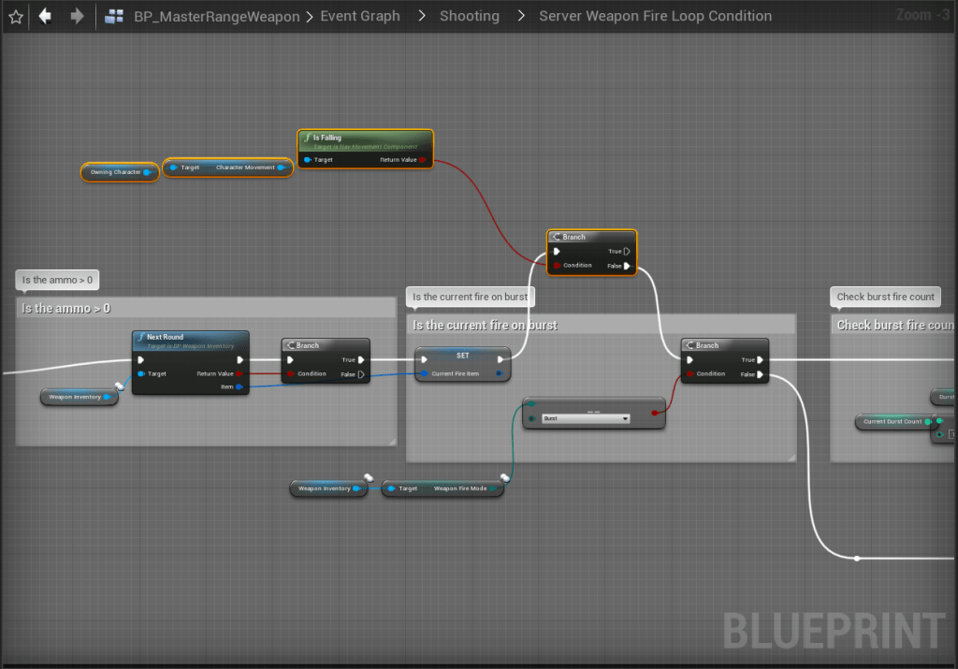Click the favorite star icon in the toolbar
point(15,16)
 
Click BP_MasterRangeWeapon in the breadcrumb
point(216,16)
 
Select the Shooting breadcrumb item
point(469,16)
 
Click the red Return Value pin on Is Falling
point(423,160)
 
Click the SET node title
point(462,356)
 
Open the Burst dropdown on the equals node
point(587,418)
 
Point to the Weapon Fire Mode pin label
point(460,488)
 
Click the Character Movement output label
point(245,167)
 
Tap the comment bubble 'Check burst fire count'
point(885,297)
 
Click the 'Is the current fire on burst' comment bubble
point(471,297)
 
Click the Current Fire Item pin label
point(456,373)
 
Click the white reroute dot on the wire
point(857,559)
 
